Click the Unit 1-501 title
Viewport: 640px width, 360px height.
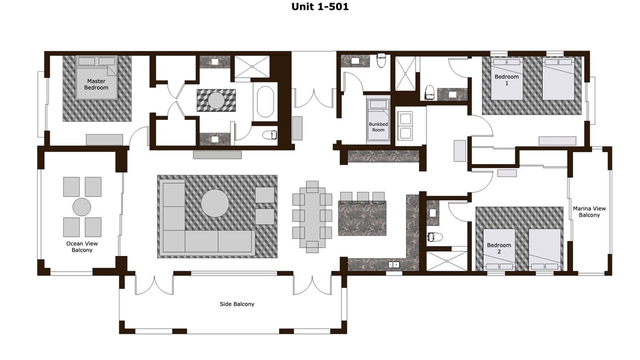(x=320, y=6)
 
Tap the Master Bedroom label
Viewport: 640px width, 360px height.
(x=96, y=84)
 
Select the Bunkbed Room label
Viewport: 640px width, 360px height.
(x=378, y=127)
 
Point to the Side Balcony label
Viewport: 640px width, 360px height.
(x=237, y=304)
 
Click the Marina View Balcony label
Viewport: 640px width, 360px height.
(x=589, y=211)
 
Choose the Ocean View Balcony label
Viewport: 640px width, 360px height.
(x=82, y=246)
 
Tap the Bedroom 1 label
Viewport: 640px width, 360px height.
(x=506, y=79)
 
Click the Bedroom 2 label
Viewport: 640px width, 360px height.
(x=499, y=248)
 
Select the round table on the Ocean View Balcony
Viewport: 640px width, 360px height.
(x=81, y=207)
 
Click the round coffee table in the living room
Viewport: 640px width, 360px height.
(x=215, y=203)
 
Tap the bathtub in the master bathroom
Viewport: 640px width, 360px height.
(x=265, y=101)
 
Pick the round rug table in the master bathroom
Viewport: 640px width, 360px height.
(x=216, y=100)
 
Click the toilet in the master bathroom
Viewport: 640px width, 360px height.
(x=269, y=135)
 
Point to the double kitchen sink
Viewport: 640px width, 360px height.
(x=393, y=265)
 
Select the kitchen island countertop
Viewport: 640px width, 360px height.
(x=362, y=218)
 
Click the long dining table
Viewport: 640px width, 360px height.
(x=312, y=217)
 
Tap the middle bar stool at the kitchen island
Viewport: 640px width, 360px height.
(x=363, y=197)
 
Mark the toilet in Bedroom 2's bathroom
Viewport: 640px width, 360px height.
(x=434, y=237)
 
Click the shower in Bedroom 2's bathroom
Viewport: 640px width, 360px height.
(x=447, y=261)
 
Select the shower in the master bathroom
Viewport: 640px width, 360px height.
(x=252, y=66)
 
